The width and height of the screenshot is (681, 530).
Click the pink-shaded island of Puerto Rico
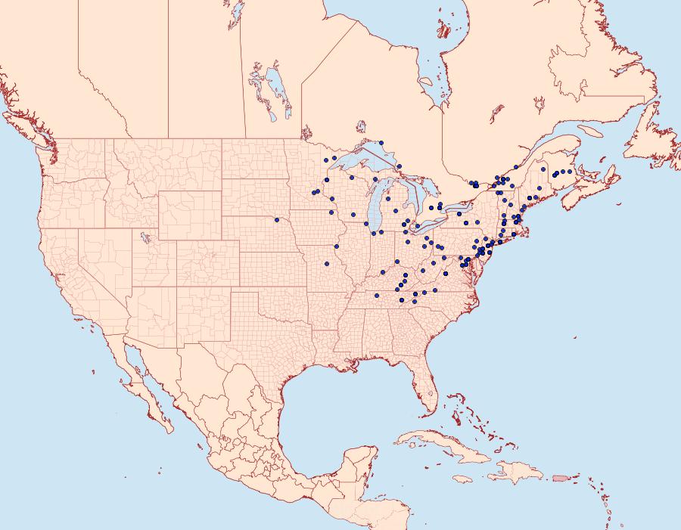[561, 477]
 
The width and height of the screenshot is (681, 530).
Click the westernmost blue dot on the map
[277, 220]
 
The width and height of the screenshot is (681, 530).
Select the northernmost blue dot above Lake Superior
[382, 142]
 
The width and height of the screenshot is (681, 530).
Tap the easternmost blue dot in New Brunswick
[570, 172]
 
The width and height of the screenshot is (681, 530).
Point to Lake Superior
[356, 162]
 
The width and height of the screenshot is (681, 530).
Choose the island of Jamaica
[462, 479]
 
